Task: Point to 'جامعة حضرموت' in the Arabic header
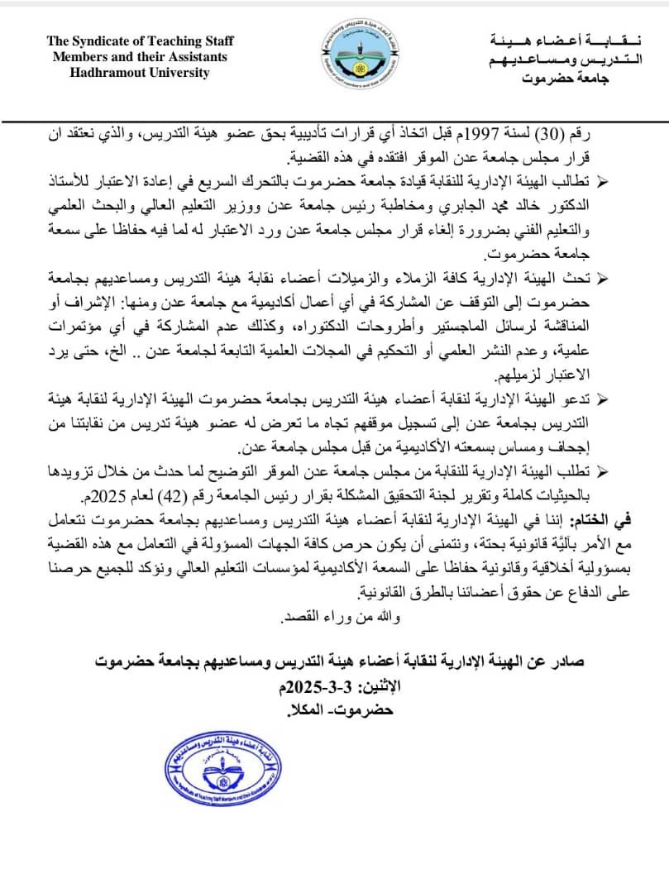coord(565,79)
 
